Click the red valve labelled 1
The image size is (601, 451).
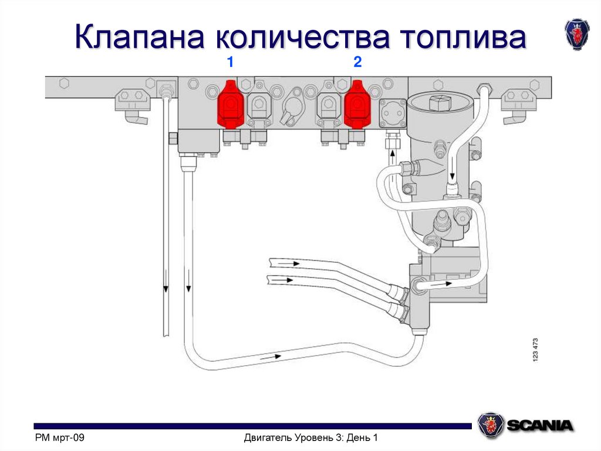(231, 105)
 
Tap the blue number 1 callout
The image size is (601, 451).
(231, 62)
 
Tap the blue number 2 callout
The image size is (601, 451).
(357, 62)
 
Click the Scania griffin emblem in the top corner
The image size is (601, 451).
(576, 34)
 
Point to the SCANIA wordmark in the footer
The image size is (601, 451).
(541, 425)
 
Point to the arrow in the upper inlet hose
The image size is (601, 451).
(293, 263)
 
